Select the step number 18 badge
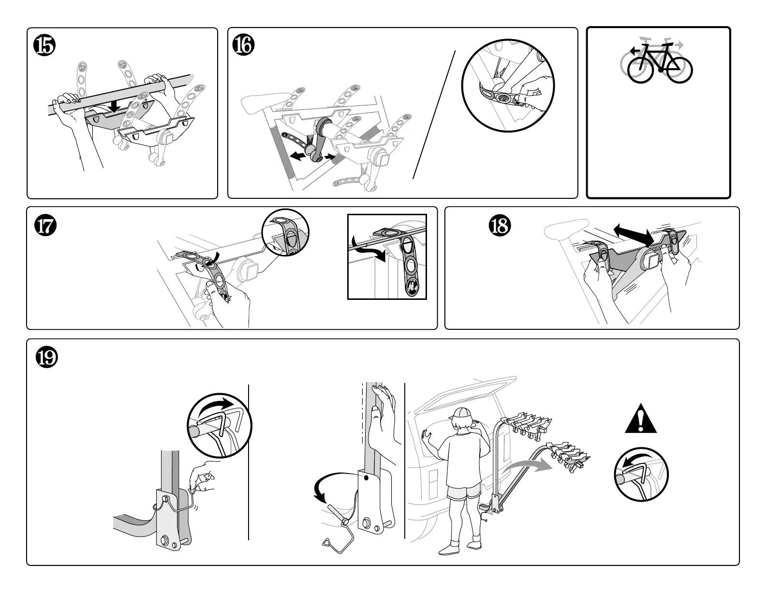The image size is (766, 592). pyautogui.click(x=500, y=226)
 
